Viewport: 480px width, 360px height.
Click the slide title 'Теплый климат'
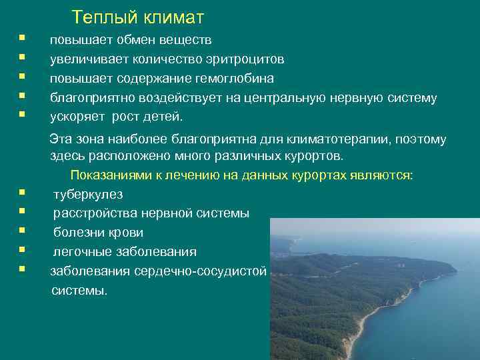coord(138,16)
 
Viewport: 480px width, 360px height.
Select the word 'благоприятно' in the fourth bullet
coord(92,98)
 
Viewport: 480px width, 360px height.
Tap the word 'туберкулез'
coord(88,195)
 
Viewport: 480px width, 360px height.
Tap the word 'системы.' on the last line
coord(79,291)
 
